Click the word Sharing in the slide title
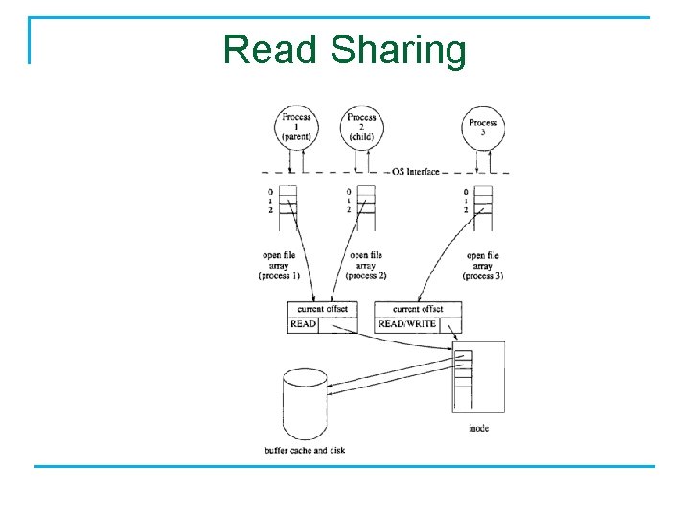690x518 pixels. [399, 50]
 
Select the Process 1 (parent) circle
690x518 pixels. [296, 127]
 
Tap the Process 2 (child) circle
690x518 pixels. [361, 127]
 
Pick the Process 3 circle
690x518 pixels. [482, 129]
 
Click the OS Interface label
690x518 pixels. [415, 172]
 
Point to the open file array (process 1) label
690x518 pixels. [279, 266]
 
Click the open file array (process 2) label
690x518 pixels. [366, 266]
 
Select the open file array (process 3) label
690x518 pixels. [483, 266]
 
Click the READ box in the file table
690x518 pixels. [303, 324]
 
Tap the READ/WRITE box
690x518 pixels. [406, 324]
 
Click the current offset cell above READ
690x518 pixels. [322, 309]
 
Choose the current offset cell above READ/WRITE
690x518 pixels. [418, 309]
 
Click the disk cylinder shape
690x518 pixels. [306, 404]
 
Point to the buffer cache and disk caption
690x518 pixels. [304, 450]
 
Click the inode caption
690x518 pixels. [479, 428]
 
